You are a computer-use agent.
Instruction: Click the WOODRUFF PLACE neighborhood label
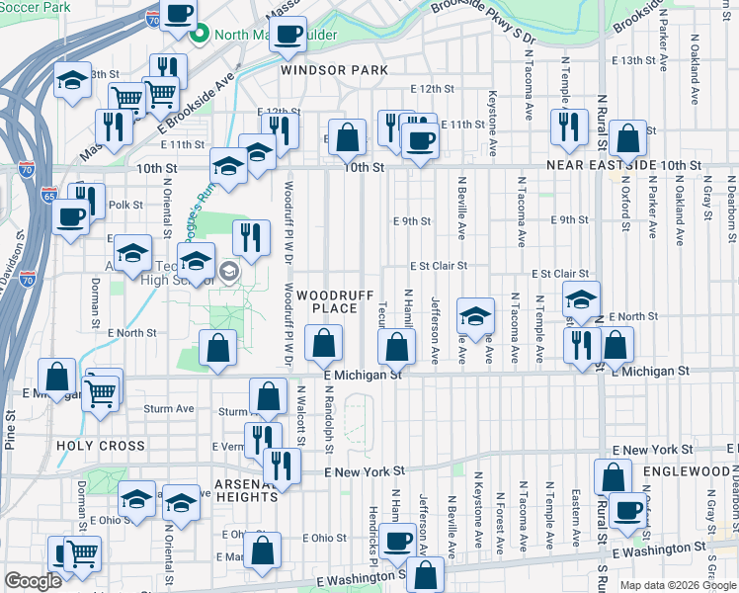click(327, 302)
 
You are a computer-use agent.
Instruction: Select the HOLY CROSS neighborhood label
click(101, 446)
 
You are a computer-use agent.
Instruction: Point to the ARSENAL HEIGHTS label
click(246, 490)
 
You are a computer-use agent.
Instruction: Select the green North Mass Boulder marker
click(199, 36)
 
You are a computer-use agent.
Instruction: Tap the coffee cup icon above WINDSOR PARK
click(287, 36)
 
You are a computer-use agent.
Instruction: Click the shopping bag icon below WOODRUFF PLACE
click(323, 346)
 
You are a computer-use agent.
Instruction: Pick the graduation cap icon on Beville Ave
click(475, 316)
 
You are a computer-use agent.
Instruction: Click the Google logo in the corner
click(34, 581)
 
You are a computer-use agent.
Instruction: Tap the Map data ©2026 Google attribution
click(678, 585)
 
